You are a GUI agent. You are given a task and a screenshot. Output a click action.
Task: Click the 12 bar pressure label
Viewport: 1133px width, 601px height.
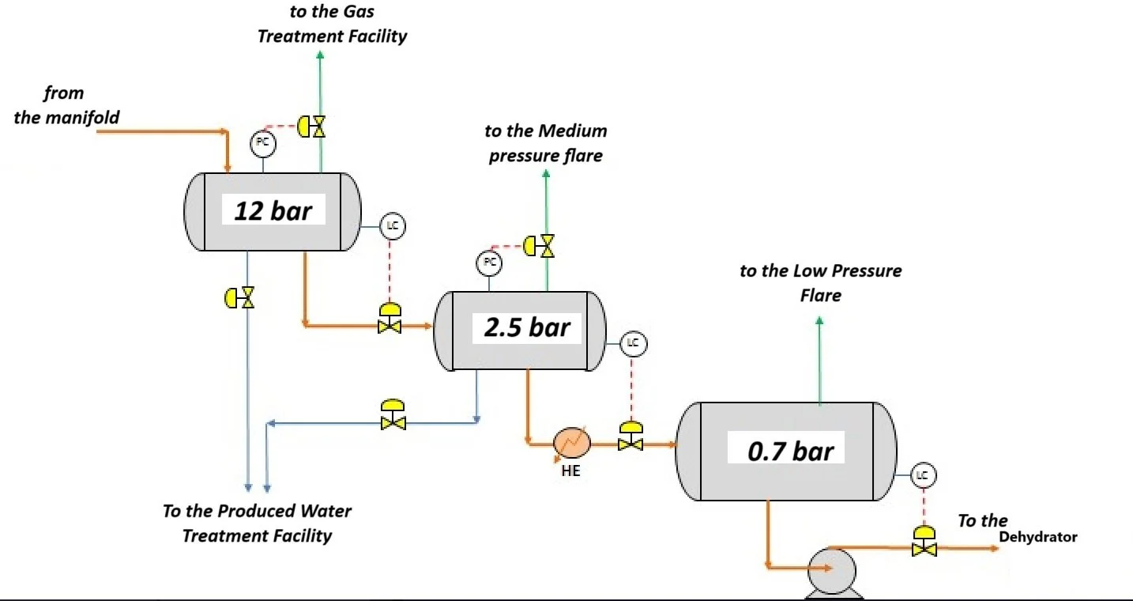[x=273, y=210]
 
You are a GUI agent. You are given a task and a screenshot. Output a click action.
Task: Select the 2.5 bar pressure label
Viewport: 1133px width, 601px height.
[x=526, y=327]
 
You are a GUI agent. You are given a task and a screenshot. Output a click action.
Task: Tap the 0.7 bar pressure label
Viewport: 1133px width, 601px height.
[x=790, y=451]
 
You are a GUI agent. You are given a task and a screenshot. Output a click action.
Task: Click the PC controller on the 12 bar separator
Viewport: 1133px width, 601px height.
[x=263, y=144]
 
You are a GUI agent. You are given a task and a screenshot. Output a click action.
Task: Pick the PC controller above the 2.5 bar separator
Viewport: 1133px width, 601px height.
[x=489, y=263]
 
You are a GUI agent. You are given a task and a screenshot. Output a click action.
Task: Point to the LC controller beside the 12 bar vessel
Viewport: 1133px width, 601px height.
[x=393, y=226]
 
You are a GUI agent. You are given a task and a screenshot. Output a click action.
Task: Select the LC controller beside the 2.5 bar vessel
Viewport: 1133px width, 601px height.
[x=634, y=344]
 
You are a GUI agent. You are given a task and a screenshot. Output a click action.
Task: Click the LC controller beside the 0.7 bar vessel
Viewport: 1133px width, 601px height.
[x=924, y=475]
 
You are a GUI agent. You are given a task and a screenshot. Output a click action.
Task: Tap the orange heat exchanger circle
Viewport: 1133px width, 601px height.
[x=571, y=443]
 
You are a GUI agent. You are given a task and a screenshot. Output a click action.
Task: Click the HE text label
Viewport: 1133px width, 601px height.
[x=570, y=471]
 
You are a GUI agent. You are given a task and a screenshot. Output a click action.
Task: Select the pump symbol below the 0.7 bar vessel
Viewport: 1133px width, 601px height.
[x=832, y=573]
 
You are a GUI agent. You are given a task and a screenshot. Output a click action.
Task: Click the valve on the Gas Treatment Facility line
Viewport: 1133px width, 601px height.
[x=311, y=127]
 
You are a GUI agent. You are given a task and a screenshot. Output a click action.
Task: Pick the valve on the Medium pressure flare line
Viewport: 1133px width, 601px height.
[x=539, y=246]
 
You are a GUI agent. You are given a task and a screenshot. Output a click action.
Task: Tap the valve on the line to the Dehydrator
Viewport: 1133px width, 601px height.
[x=924, y=542]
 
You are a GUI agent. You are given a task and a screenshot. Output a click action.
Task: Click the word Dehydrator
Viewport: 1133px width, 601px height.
[x=1038, y=537]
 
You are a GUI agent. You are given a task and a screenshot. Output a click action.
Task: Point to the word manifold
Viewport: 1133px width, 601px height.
[x=89, y=118]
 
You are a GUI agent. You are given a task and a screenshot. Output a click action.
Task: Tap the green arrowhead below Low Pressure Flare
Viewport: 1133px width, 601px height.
[x=819, y=321]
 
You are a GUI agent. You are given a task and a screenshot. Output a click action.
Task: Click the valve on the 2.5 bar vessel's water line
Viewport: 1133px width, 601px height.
[x=393, y=415]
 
